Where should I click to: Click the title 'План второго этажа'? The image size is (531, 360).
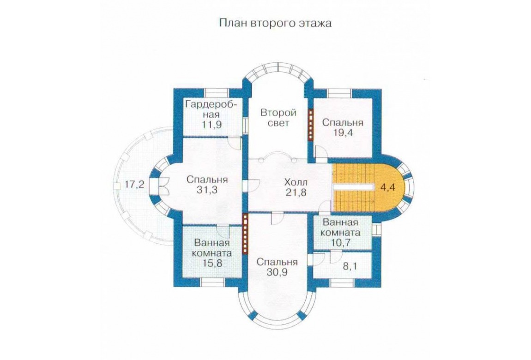click(x=275, y=23)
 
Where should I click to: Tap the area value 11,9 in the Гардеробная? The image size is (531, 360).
click(x=212, y=125)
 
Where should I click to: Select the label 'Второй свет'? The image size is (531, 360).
click(x=279, y=117)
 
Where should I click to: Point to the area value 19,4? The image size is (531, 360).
click(x=343, y=132)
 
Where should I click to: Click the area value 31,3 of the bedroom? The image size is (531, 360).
click(x=207, y=190)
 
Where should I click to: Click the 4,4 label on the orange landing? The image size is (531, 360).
click(x=387, y=187)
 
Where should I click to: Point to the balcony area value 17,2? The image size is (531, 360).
click(x=134, y=185)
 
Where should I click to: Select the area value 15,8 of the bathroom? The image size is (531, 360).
click(x=212, y=263)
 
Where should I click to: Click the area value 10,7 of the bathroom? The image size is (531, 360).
click(x=341, y=242)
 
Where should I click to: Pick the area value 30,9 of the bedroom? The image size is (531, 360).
click(x=277, y=272)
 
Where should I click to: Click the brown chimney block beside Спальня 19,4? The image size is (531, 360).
click(x=310, y=124)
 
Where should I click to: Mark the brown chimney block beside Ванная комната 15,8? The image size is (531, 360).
click(x=245, y=233)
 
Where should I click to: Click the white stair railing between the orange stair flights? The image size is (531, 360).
click(x=352, y=187)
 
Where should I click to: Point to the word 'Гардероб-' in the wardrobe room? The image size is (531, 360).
click(x=211, y=104)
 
